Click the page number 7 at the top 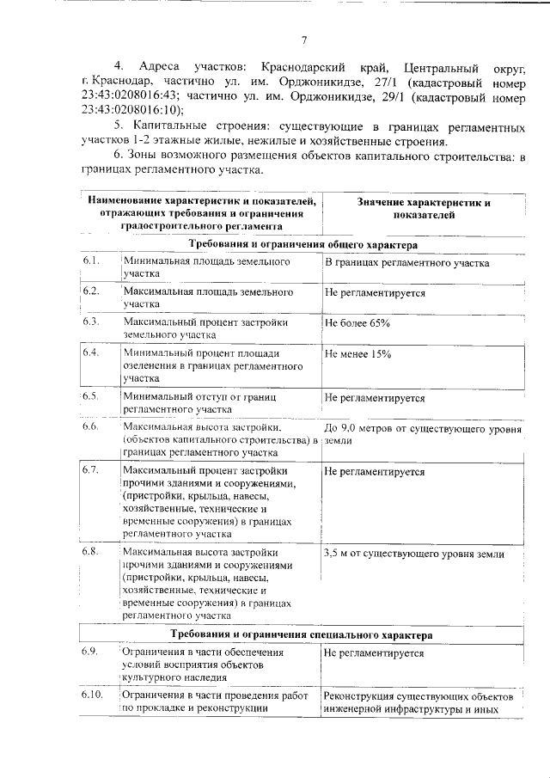(x=304, y=39)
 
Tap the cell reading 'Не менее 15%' (x=357, y=353)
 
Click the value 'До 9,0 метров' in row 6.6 (x=359, y=427)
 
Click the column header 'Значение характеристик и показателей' (x=423, y=209)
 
